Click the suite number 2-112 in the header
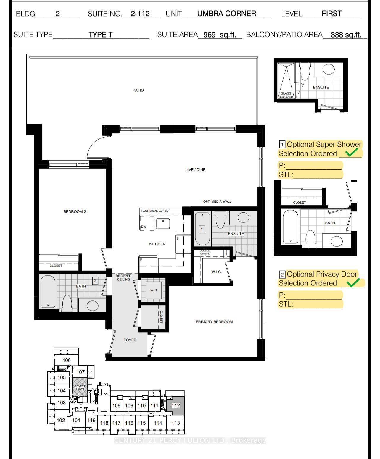(140, 14)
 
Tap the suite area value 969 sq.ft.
(220, 35)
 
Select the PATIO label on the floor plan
(138, 90)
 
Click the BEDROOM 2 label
(75, 212)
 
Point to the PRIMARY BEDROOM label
(214, 322)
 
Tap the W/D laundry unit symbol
(153, 290)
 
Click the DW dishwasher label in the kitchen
(144, 227)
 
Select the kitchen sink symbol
(163, 224)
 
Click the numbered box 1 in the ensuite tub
(202, 229)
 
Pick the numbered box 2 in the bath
(95, 281)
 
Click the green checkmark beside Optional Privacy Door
(353, 282)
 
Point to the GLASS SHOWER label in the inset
(286, 95)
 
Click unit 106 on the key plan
(67, 360)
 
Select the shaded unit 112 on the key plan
(176, 405)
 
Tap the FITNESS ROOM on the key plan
(80, 387)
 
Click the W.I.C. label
(216, 272)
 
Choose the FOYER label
(130, 340)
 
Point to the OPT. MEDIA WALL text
(217, 201)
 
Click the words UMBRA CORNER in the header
(226, 14)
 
